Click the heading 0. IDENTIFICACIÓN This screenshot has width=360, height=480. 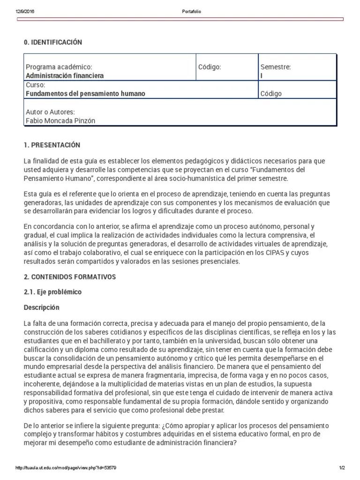coord(53,43)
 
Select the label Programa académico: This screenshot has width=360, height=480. coord(59,67)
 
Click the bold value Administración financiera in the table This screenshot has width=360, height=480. coord(65,75)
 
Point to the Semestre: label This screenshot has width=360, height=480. coord(276,67)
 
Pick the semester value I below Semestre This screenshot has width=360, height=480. coord(262,75)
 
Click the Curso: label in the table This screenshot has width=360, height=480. coord(36,85)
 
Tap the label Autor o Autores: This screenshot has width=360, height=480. coord(50,112)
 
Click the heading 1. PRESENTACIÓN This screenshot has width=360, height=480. coord(52,145)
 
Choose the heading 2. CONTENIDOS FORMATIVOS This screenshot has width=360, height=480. coord(70,277)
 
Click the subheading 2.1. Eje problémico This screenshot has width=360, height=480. coord(52,292)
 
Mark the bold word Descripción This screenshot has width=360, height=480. coord(42,307)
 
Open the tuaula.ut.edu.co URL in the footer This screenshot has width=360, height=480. coord(66,468)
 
